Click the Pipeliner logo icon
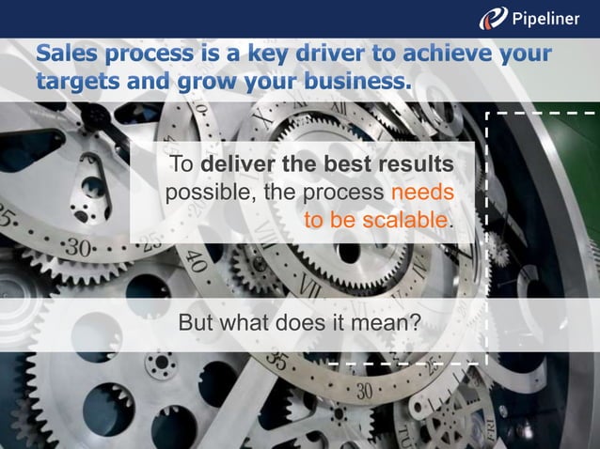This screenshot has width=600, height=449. pyautogui.click(x=494, y=18)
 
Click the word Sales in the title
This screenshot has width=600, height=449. pyautogui.click(x=66, y=54)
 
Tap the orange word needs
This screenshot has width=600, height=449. pyautogui.click(x=422, y=193)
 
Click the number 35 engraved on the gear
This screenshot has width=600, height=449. pyautogui.click(x=277, y=361)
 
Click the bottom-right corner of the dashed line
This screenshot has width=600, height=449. pyautogui.click(x=486, y=362)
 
